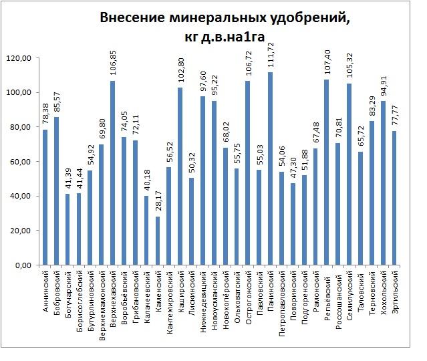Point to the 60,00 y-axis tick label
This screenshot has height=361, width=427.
21,162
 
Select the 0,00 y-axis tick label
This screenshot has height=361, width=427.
23,265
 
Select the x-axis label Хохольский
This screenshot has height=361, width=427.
383,291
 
